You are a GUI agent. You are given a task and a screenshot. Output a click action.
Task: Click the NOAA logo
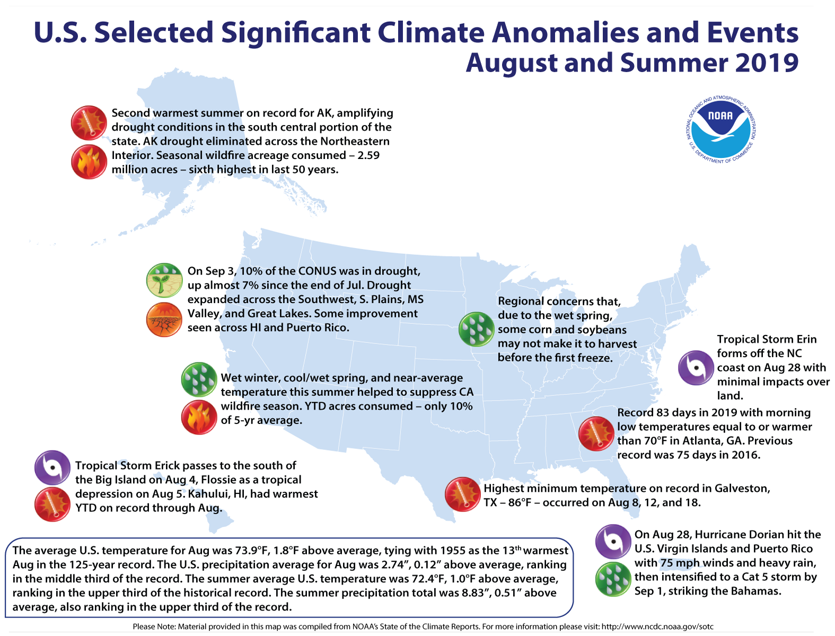[x=721, y=129]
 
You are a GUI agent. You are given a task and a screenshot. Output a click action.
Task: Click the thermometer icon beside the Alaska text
[x=89, y=123]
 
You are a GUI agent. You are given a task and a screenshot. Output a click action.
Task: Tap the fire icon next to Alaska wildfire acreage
[x=89, y=162]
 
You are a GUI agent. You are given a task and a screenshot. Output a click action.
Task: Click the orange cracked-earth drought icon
[x=164, y=320]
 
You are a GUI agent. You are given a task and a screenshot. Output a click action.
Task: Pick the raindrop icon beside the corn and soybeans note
[x=476, y=329]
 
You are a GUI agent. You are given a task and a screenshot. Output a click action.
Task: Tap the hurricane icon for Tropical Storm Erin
[x=696, y=367]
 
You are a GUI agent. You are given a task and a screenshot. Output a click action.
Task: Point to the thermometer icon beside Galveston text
[x=462, y=494]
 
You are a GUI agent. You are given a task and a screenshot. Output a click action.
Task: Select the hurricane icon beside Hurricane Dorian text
[x=613, y=542]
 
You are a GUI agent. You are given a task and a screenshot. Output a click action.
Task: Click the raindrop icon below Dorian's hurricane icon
[x=613, y=579]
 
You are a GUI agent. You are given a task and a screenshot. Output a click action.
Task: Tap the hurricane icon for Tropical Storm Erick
[x=52, y=468]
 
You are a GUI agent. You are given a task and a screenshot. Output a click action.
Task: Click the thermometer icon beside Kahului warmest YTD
[x=52, y=504]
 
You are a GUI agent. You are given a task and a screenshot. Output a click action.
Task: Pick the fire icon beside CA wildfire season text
[x=199, y=417]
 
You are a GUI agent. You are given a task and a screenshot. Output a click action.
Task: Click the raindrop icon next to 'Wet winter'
[x=199, y=379]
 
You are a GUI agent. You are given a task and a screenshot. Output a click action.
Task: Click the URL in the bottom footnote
[x=657, y=626]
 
